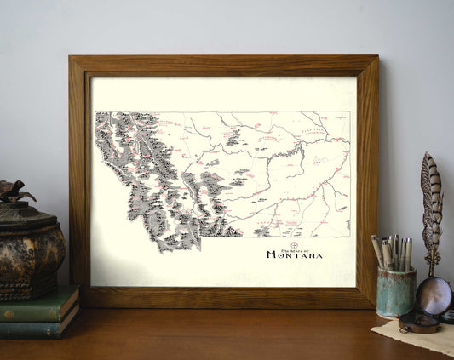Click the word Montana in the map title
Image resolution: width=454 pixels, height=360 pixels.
pos(295,254)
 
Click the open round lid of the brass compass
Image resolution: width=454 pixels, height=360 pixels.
pos(435,294)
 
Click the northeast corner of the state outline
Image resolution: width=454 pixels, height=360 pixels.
pos(348,112)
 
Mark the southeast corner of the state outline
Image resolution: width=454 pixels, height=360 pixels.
pos(349,236)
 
